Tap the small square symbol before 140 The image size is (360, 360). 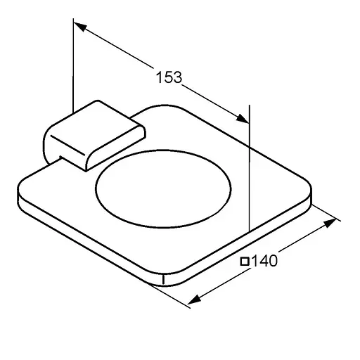245,262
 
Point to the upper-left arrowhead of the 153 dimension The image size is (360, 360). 81,27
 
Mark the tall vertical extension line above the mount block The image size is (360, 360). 73,63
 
